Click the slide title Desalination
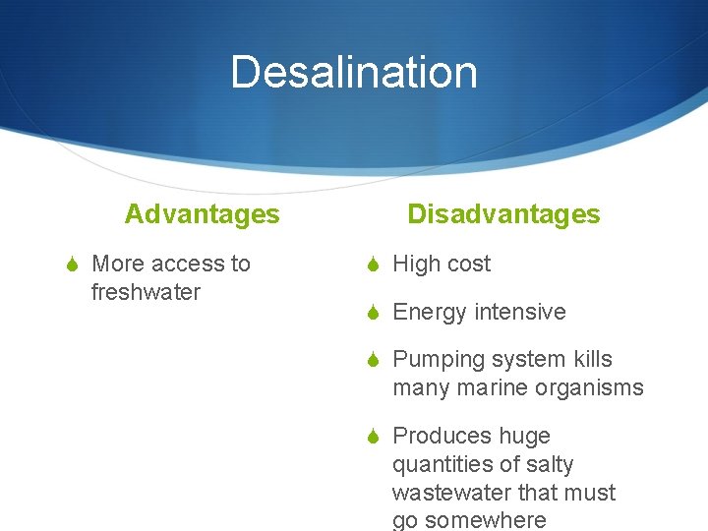pyautogui.click(x=354, y=73)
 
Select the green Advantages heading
pyautogui.click(x=202, y=214)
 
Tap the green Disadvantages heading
pyautogui.click(x=503, y=214)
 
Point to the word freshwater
pyautogui.click(x=146, y=292)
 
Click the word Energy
pyautogui.click(x=430, y=312)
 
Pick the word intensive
pyautogui.click(x=520, y=312)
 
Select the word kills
pyautogui.click(x=588, y=359)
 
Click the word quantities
pyautogui.click(x=439, y=464)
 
